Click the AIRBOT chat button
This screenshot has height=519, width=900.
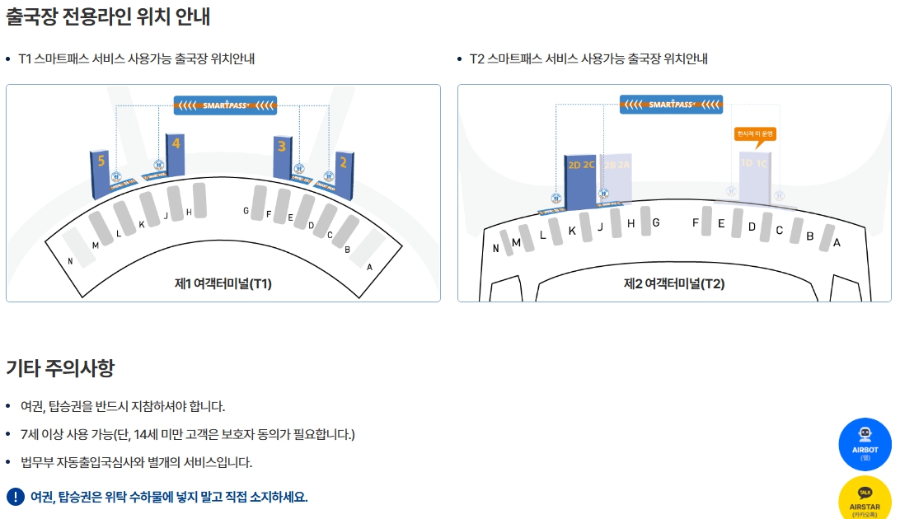(865, 444)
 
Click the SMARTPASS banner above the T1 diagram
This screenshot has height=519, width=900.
(225, 105)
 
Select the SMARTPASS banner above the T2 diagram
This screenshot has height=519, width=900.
(671, 105)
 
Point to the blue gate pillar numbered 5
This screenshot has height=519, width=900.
(101, 173)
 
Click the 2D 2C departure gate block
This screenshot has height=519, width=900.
(581, 177)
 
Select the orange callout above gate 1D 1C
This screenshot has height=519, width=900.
(756, 133)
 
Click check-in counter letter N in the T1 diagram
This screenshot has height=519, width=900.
(71, 262)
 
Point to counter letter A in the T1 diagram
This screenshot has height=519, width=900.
(369, 267)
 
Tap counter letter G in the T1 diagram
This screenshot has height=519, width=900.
(246, 211)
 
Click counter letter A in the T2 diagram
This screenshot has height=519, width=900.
(837, 242)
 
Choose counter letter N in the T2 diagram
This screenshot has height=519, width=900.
(495, 248)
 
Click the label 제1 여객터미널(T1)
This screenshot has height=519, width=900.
(223, 284)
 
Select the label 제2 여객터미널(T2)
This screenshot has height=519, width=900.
(673, 284)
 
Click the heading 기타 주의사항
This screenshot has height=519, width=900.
(60, 367)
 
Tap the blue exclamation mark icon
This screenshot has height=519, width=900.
(16, 497)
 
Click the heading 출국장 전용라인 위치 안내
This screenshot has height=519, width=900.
(108, 16)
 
